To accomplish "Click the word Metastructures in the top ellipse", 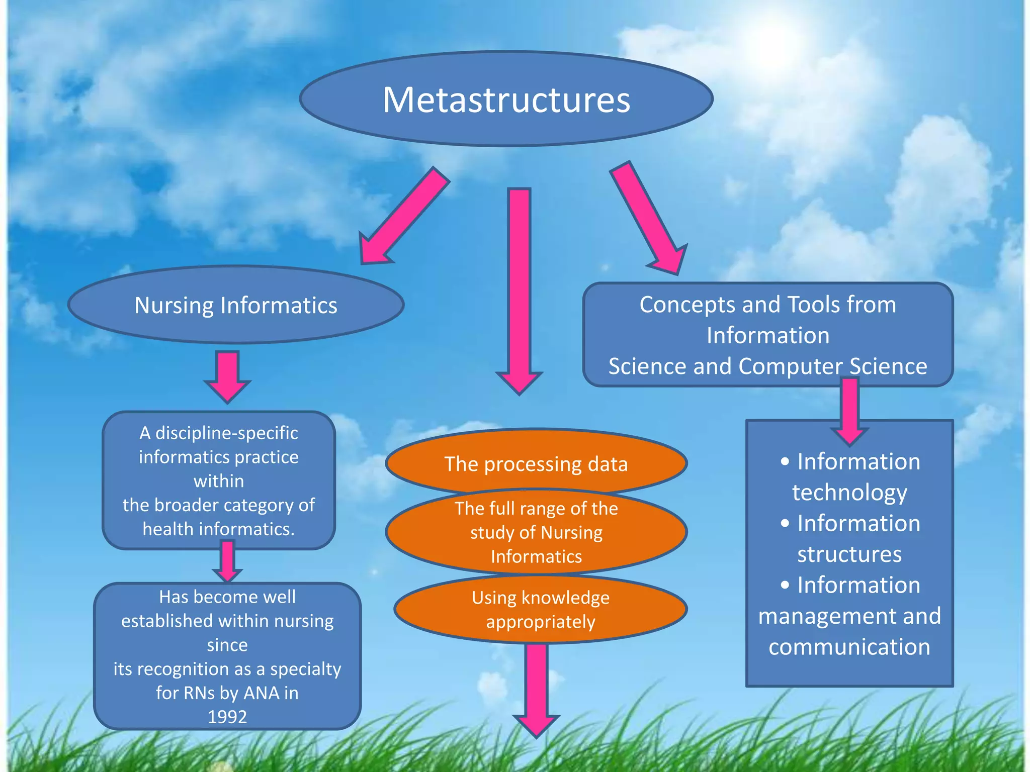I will coord(506,100).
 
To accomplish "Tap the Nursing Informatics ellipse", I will coord(235,305).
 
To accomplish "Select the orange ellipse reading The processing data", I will coord(536,463).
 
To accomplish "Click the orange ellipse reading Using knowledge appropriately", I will coord(540,609).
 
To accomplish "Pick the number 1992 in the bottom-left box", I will coord(227,716).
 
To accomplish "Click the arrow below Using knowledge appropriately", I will coord(536,689).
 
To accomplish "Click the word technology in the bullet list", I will coord(849,492).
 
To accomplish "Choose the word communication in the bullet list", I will coord(849,646).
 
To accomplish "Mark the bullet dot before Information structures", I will coord(785,524).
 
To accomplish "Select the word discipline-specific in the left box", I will coord(226,433).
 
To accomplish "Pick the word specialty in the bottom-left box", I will coord(305,668).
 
